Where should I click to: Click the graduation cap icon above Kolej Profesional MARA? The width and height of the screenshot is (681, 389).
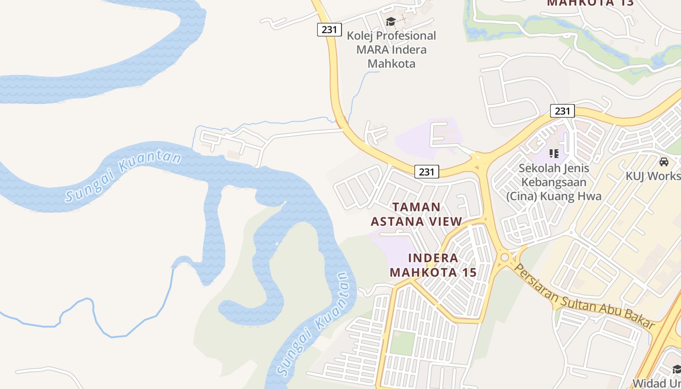pos(391,21)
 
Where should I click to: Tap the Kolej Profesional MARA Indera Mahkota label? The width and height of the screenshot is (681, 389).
pos(391,50)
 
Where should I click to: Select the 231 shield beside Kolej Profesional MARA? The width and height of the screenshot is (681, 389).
pos(329,30)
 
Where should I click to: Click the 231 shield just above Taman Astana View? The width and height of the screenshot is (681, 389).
pos(427,172)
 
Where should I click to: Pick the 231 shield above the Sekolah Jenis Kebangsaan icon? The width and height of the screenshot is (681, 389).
pos(562,111)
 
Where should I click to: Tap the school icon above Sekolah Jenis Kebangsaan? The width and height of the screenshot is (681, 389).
pos(554,154)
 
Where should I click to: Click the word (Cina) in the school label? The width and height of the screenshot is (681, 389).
pos(522,196)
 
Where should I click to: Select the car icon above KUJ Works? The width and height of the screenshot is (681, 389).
pos(664,162)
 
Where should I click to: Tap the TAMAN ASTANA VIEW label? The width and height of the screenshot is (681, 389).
pos(416,214)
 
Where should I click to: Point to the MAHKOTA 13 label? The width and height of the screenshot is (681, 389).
pos(590,3)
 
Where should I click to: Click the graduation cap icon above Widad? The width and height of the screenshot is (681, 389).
pos(677,370)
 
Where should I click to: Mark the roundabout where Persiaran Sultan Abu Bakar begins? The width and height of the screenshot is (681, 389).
pos(505,257)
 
